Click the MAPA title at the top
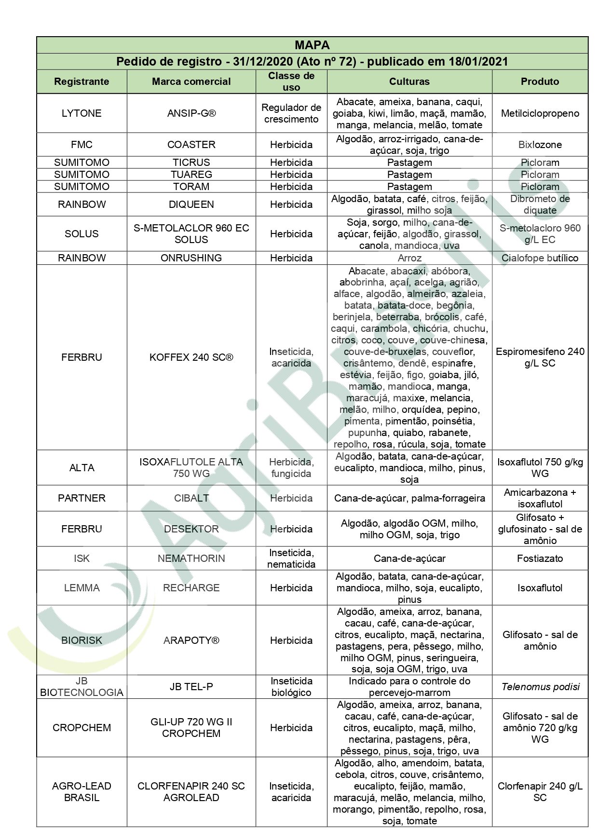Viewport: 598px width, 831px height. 312,45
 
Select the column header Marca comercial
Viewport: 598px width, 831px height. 191,82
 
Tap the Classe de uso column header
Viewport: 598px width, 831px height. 291,82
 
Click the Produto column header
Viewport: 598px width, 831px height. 540,82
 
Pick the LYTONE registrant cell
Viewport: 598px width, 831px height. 82,113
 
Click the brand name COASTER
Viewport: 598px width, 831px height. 191,145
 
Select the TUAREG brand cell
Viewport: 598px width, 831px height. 191,175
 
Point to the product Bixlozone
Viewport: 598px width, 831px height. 540,145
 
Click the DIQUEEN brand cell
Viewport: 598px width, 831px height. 191,204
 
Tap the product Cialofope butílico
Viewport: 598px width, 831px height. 540,258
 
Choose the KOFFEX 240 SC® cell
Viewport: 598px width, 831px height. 191,357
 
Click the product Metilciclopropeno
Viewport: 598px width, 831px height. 540,113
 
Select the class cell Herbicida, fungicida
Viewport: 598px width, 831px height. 291,468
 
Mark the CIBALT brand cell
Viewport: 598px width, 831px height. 191,498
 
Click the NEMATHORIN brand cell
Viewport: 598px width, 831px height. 191,559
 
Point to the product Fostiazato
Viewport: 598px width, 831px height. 540,559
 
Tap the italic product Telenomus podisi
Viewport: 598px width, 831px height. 540,687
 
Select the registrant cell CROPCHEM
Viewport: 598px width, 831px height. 82,728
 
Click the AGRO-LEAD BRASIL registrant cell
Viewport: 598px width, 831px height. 82,792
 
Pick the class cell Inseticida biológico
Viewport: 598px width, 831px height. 291,687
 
